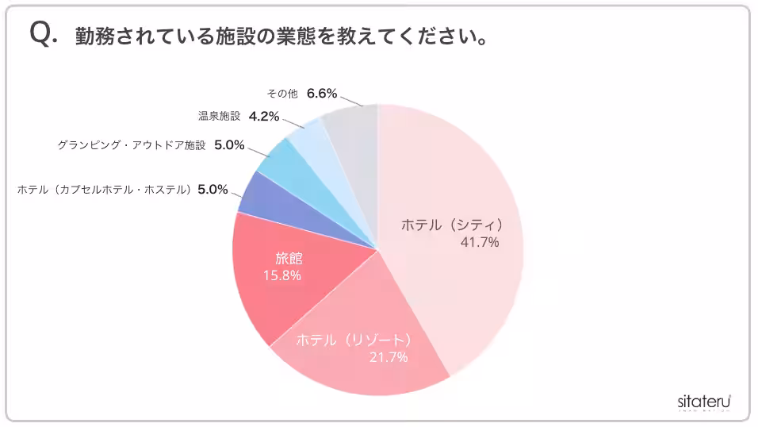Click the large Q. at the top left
point(43,35)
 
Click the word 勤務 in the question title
point(91,37)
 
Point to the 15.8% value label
point(281,275)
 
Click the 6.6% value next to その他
point(322,94)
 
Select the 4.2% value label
point(264,116)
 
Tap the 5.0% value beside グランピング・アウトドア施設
point(229,145)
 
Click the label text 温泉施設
point(219,116)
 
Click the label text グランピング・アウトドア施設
point(132,145)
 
